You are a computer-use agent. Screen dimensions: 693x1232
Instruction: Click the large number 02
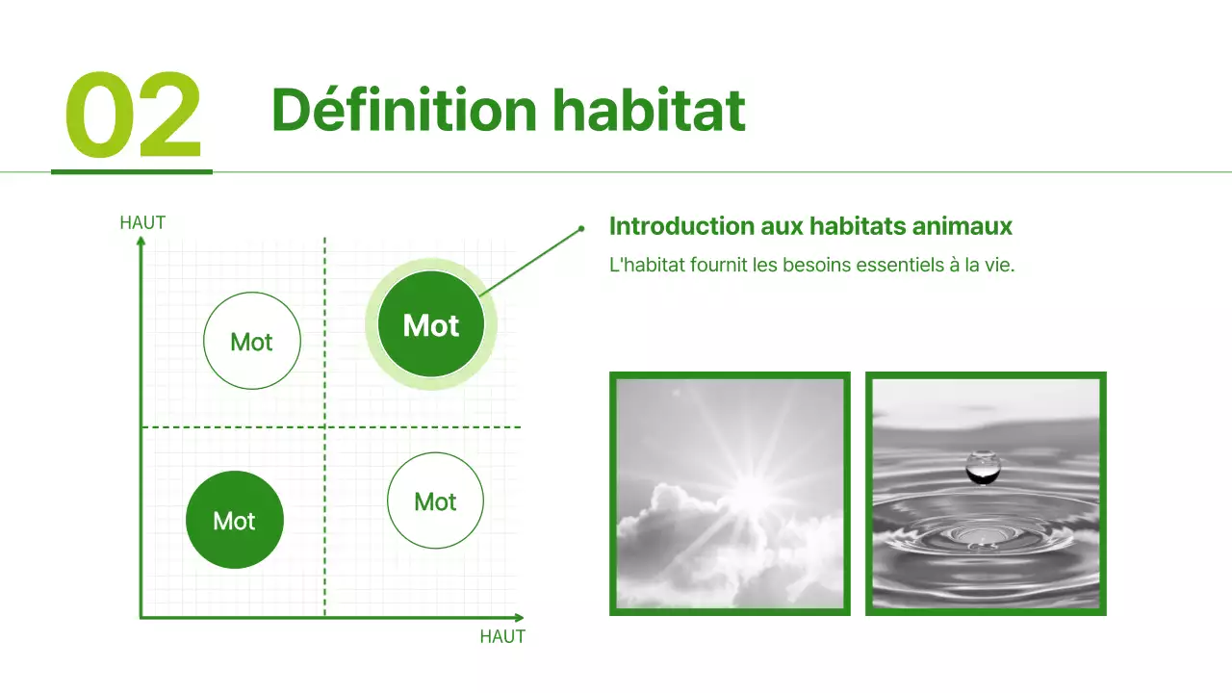[x=133, y=115]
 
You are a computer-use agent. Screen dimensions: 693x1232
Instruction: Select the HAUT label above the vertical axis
[x=142, y=223]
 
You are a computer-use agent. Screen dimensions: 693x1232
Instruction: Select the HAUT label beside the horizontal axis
[x=502, y=637]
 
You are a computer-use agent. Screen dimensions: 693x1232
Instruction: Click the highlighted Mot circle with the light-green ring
[x=430, y=325]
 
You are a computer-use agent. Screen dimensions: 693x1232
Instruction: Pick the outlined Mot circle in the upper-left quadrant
[x=252, y=342]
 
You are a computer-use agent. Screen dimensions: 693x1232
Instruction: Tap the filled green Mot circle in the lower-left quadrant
[x=234, y=521]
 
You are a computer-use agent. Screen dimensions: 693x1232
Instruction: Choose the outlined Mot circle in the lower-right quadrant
[x=435, y=501]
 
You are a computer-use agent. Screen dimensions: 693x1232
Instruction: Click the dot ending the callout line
[x=581, y=229]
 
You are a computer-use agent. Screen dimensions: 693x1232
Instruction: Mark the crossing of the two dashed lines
[x=324, y=426]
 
